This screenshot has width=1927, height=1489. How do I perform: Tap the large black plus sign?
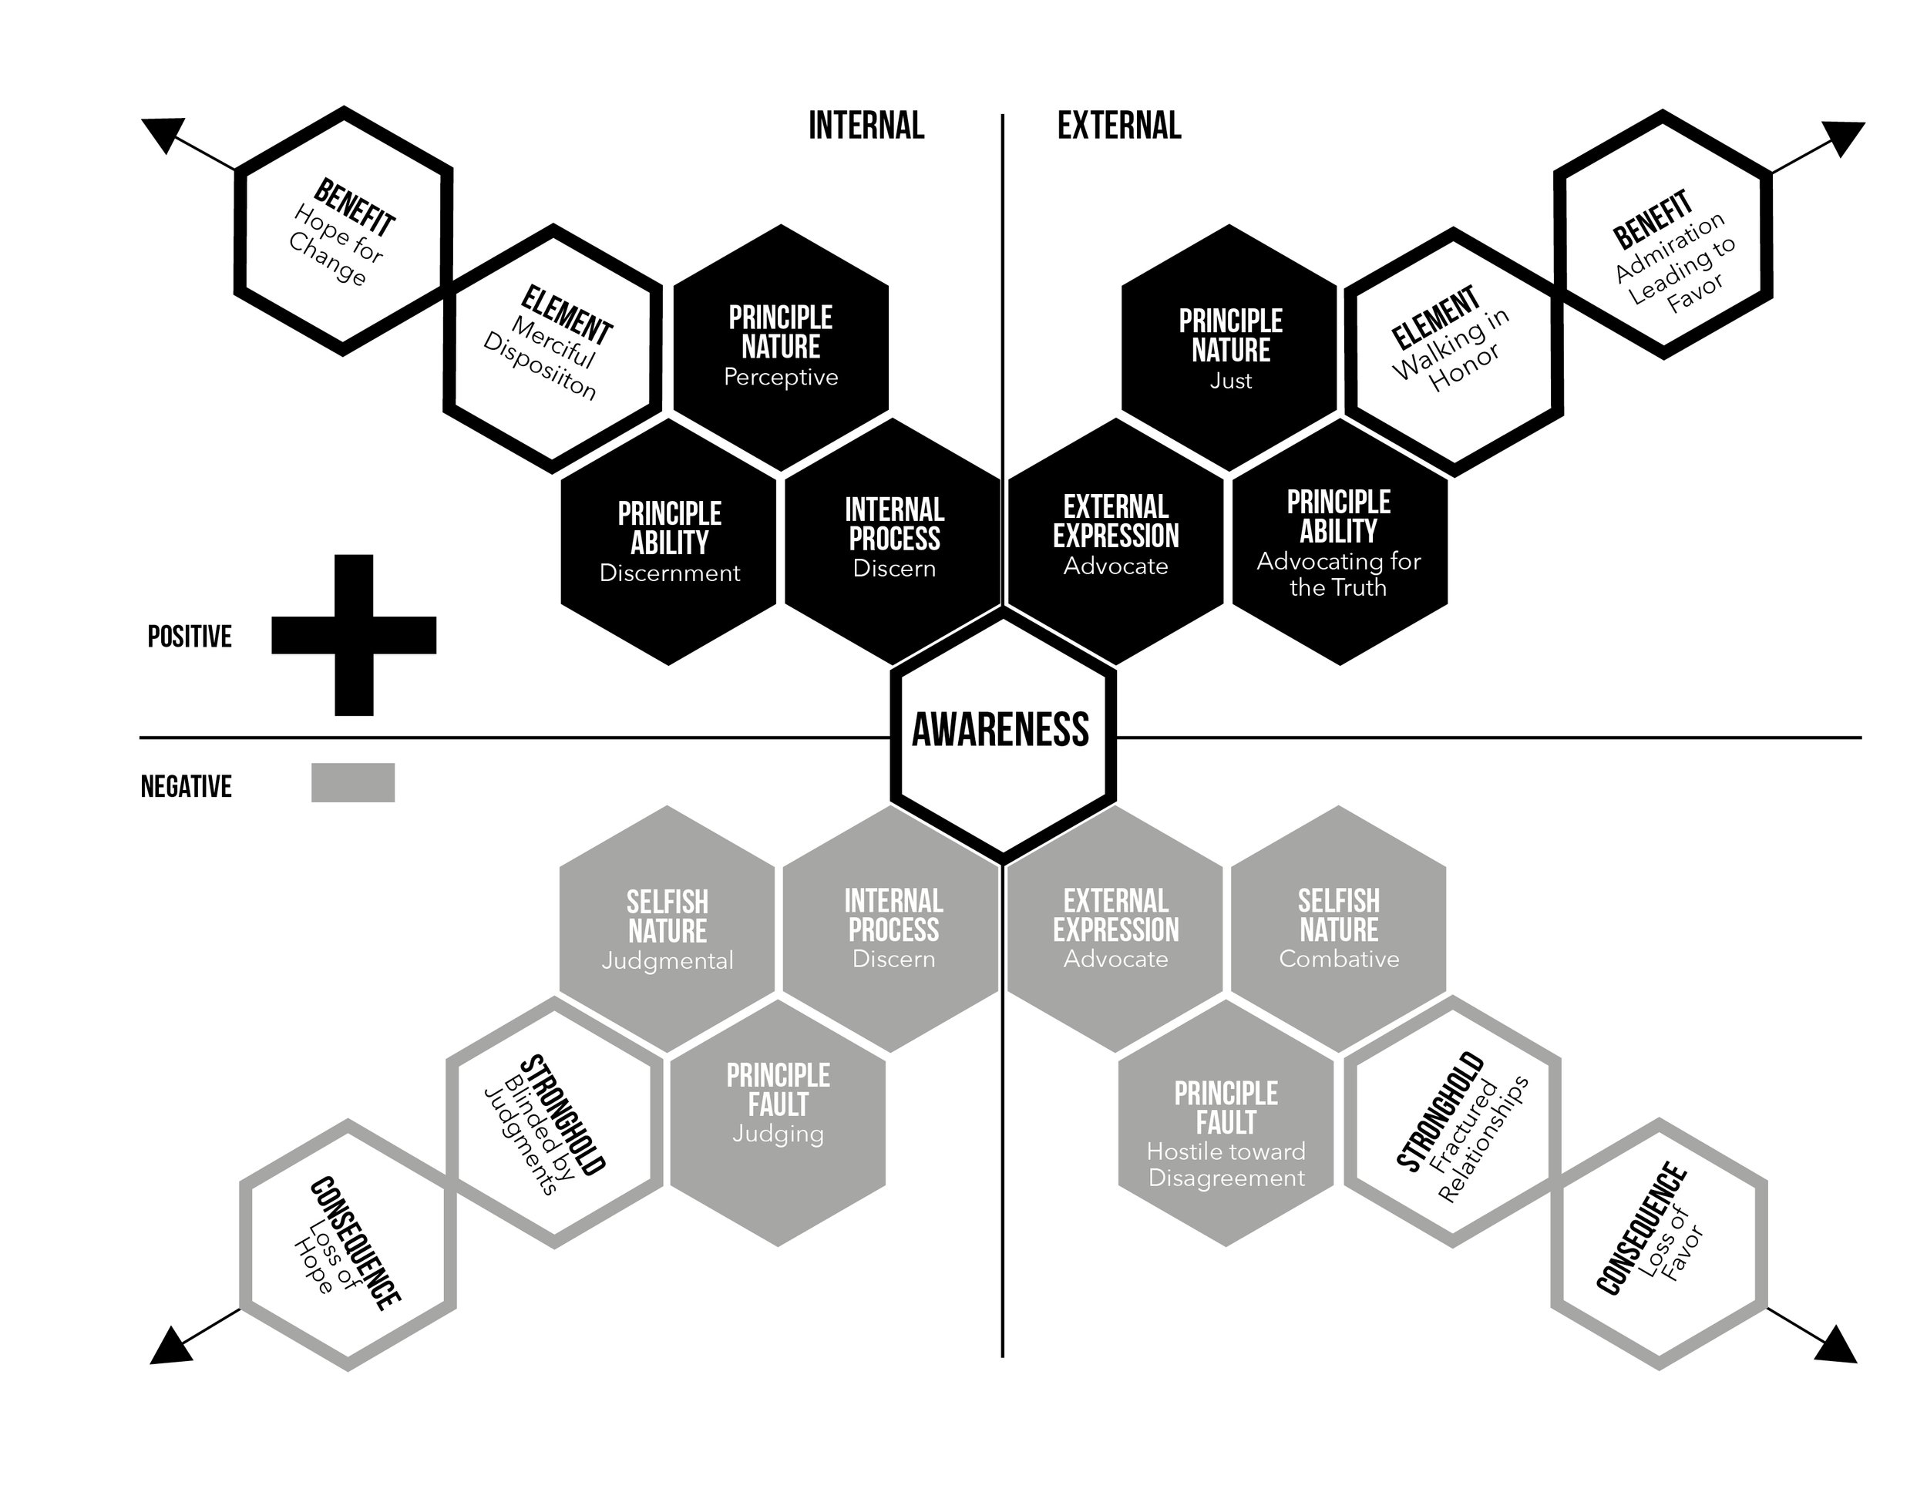click(354, 635)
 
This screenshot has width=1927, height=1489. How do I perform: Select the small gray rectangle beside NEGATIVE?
click(353, 782)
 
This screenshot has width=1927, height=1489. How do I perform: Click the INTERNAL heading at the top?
click(866, 126)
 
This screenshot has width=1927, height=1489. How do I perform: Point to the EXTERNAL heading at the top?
click(1118, 126)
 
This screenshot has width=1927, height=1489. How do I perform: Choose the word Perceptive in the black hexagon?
click(781, 378)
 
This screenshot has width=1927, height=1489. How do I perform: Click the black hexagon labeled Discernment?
click(669, 542)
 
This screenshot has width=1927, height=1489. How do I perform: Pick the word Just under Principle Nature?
click(1230, 381)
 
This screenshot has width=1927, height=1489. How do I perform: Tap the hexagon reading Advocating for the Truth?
click(1340, 542)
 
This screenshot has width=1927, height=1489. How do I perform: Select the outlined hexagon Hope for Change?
click(343, 231)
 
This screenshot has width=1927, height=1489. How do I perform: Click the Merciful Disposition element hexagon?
click(553, 348)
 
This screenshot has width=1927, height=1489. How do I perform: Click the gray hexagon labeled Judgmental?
click(667, 928)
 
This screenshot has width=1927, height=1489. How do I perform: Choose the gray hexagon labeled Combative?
click(1338, 928)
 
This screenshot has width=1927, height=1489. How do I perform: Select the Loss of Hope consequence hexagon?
click(348, 1244)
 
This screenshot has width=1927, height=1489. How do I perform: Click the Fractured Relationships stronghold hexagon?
click(1453, 1122)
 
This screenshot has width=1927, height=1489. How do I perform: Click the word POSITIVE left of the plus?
click(190, 637)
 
